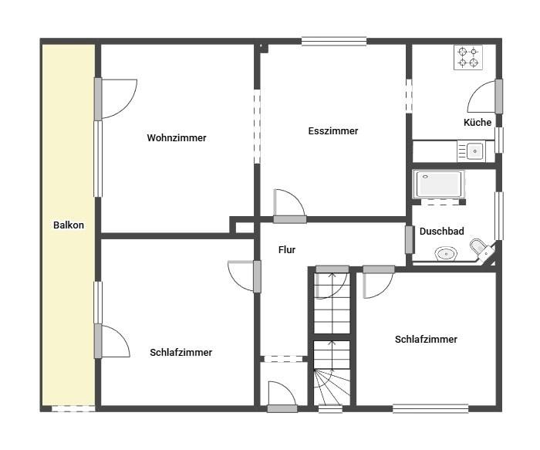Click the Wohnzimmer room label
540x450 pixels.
(177, 138)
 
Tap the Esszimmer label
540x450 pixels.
(333, 131)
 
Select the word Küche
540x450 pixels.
(478, 122)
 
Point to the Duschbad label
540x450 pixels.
(441, 232)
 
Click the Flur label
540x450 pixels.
(287, 250)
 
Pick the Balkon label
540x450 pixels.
(69, 225)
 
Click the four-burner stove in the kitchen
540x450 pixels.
(468, 57)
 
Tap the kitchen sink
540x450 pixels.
(471, 151)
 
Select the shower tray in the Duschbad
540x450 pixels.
(439, 184)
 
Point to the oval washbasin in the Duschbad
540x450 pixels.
(446, 254)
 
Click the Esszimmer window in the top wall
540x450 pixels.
(334, 42)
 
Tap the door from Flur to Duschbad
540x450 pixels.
(409, 239)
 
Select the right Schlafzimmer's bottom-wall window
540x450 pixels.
(430, 408)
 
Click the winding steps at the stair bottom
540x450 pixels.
(332, 387)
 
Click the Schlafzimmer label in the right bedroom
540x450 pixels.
(426, 340)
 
